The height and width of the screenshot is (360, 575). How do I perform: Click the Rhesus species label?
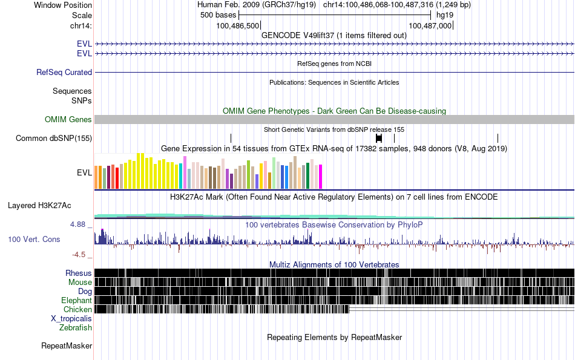coord(79,273)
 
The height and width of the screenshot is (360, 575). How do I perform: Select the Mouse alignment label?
coord(80,282)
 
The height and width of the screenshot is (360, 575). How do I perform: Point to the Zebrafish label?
coord(76,327)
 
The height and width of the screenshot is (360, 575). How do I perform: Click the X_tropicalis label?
coord(71,318)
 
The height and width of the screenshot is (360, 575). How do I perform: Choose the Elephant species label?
coord(76,300)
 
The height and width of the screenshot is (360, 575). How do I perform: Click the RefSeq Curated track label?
coord(64,72)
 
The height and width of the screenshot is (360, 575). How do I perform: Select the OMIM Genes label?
coord(68,120)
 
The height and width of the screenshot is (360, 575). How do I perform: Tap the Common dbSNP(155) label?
coord(54,138)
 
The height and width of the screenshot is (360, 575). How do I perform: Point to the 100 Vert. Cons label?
coord(34,239)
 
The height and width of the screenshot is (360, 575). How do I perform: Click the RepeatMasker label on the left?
coord(67,346)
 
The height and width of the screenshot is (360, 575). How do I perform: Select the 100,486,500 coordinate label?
coord(238,25)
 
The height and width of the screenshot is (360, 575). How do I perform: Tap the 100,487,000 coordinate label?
coord(430,25)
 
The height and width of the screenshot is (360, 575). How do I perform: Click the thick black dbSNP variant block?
coord(379,138)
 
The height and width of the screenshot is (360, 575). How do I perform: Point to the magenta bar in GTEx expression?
coord(320,176)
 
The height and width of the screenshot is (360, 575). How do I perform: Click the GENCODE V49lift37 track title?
coord(333,35)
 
